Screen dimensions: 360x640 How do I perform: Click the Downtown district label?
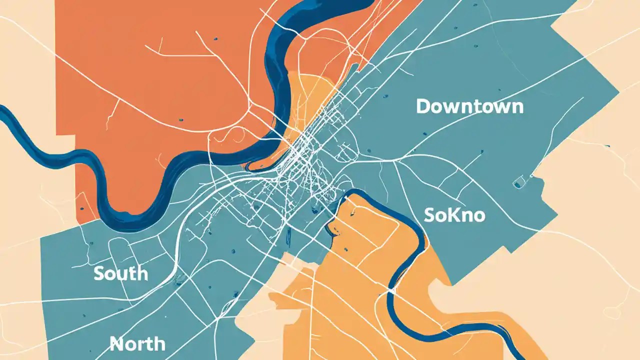click(469, 106)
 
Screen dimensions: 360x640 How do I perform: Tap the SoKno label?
click(454, 215)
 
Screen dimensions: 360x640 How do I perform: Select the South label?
click(120, 273)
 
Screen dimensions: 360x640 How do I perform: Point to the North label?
click(137, 343)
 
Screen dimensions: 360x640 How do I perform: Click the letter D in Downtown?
click(423, 106)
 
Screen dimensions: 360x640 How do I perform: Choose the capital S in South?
click(99, 273)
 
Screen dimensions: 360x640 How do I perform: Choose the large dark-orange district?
click(165, 75)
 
